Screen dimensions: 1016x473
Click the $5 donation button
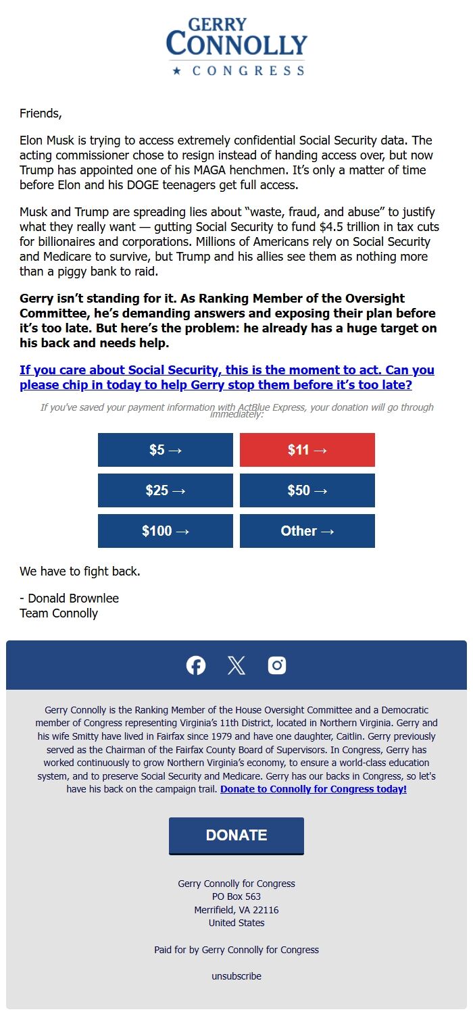pyautogui.click(x=166, y=450)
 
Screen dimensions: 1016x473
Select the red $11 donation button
pyautogui.click(x=307, y=450)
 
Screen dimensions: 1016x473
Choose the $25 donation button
pyautogui.click(x=166, y=490)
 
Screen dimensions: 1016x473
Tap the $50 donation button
pyautogui.click(x=307, y=490)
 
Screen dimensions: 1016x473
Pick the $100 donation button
pyautogui.click(x=166, y=531)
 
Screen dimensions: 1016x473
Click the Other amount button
pyautogui.click(x=307, y=531)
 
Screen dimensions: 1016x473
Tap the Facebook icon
pyautogui.click(x=196, y=665)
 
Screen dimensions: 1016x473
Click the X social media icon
pyautogui.click(x=236, y=665)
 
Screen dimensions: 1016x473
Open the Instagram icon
pyautogui.click(x=277, y=665)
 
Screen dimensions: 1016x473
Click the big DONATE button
pyautogui.click(x=236, y=835)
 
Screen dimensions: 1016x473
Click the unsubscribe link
pyautogui.click(x=236, y=976)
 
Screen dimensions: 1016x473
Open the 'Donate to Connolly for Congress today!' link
pyautogui.click(x=314, y=789)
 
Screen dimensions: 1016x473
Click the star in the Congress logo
pyautogui.click(x=177, y=71)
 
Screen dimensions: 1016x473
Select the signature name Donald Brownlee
pyautogui.click(x=73, y=599)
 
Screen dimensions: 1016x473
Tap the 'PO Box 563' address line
pyautogui.click(x=236, y=896)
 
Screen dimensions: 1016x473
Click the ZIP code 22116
pyautogui.click(x=266, y=910)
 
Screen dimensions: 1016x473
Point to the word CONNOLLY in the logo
pyautogui.click(x=236, y=45)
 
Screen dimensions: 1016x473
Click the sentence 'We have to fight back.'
pyautogui.click(x=80, y=571)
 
